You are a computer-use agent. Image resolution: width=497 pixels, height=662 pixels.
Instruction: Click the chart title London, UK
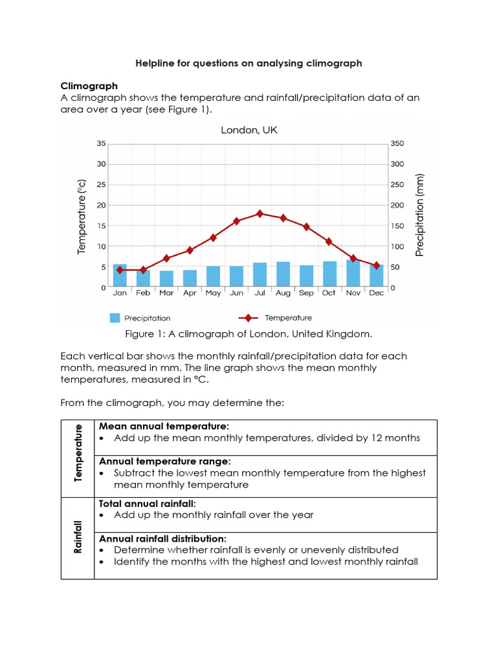[x=249, y=130]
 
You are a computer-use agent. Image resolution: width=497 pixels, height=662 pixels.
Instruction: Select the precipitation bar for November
[x=353, y=273]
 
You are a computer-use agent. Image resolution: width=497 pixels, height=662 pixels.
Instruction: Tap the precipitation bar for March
[x=166, y=279]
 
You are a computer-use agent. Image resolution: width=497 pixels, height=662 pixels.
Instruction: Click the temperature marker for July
[x=260, y=213]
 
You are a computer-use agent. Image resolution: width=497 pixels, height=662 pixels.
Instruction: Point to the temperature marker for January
[x=120, y=270]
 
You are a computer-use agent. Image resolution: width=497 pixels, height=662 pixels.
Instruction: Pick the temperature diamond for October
[x=329, y=241]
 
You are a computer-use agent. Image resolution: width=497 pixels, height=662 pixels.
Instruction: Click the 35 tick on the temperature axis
[x=100, y=144]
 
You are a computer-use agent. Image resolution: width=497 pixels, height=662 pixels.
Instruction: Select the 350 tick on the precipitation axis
[x=398, y=144]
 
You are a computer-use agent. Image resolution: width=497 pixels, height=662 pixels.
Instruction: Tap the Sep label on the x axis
[x=306, y=294]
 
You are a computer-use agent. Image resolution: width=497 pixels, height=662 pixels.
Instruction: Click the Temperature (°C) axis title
[x=82, y=217]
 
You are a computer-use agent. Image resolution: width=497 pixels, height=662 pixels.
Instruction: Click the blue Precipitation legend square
[x=115, y=318]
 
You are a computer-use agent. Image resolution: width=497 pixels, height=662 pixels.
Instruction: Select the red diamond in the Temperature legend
[x=248, y=318]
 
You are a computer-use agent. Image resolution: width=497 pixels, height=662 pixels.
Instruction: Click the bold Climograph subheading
[x=89, y=86]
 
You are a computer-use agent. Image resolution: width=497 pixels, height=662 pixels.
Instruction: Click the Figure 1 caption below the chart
[x=248, y=334]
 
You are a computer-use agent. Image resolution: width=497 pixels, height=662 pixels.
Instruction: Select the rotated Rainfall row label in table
[x=78, y=537]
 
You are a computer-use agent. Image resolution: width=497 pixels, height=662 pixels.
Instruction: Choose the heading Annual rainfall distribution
[x=162, y=539]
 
